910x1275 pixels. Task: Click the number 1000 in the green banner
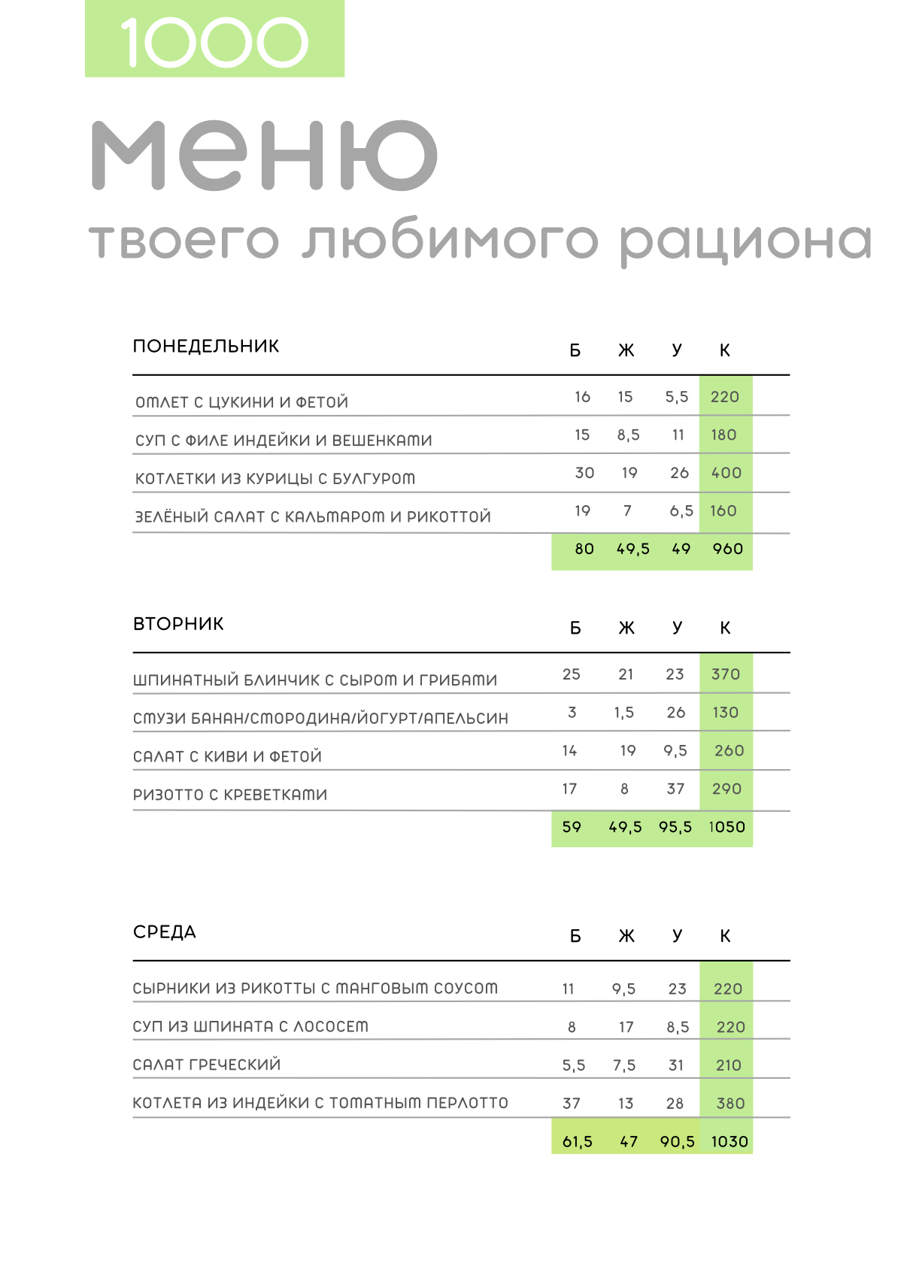pyautogui.click(x=214, y=42)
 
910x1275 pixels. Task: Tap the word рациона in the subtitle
pyautogui.click(x=745, y=241)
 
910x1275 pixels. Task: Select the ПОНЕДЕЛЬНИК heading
pyautogui.click(x=206, y=347)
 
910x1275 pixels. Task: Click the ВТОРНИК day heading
pyautogui.click(x=178, y=624)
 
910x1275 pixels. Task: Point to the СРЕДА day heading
pyautogui.click(x=165, y=932)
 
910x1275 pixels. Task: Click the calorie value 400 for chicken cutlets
pyautogui.click(x=726, y=473)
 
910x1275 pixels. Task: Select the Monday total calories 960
pyautogui.click(x=727, y=549)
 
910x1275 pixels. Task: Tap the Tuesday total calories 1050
pyautogui.click(x=726, y=827)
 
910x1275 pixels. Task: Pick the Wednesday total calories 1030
pyautogui.click(x=730, y=1142)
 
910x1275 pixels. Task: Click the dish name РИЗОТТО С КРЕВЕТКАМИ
pyautogui.click(x=230, y=795)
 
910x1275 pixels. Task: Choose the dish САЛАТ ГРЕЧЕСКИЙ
pyautogui.click(x=207, y=1065)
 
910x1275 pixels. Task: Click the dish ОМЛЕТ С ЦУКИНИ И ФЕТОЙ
pyautogui.click(x=242, y=402)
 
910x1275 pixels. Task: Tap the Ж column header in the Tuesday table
pyautogui.click(x=626, y=628)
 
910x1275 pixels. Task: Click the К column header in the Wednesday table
pyautogui.click(x=725, y=936)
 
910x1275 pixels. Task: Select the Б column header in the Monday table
pyautogui.click(x=575, y=350)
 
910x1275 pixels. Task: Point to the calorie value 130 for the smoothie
pyautogui.click(x=725, y=712)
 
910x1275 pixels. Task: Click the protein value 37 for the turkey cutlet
pyautogui.click(x=572, y=1104)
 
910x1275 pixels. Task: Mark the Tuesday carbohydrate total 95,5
pyautogui.click(x=675, y=827)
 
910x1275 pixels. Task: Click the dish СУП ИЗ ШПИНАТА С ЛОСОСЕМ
pyautogui.click(x=250, y=1026)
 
